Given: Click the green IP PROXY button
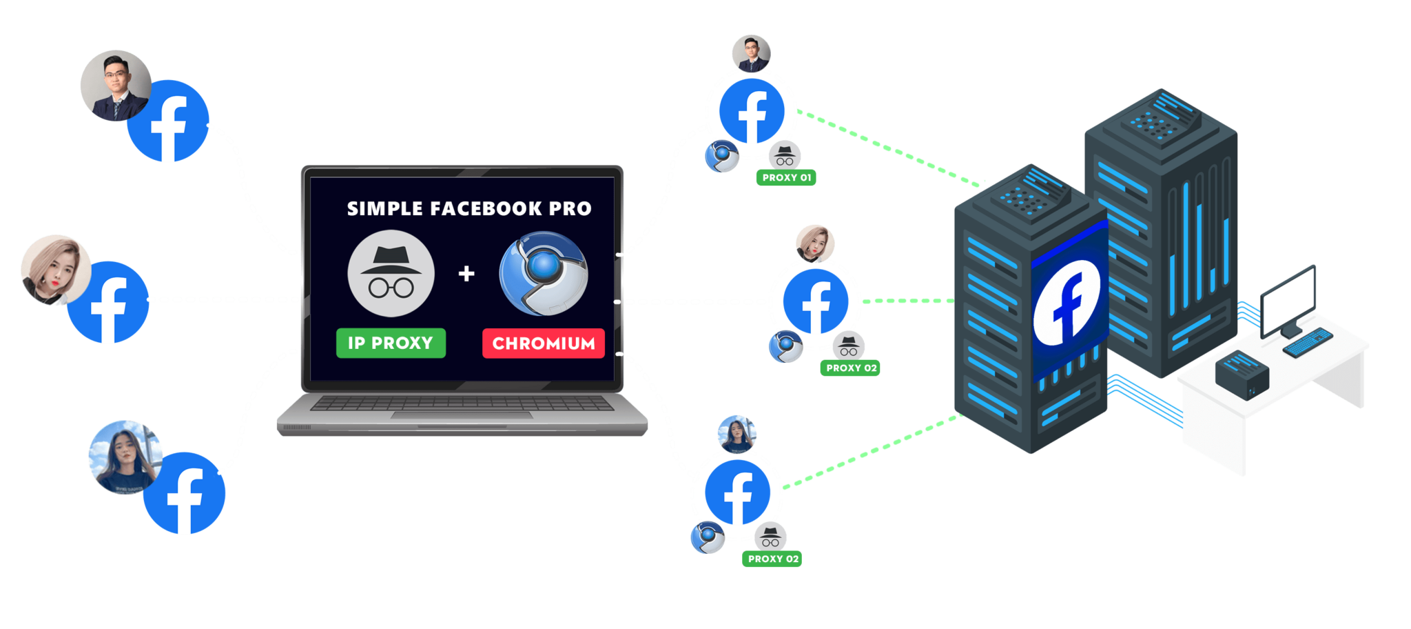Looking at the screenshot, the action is pos(391,343).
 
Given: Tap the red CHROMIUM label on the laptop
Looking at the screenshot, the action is pos(544,343).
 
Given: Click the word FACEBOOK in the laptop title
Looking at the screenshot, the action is pos(486,208).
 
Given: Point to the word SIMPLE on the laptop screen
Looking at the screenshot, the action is pos(384,208).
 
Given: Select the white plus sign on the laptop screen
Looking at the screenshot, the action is pos(466,274).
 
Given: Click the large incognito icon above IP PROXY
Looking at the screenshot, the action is pos(391,274).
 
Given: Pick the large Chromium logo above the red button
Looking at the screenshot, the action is pos(544,273).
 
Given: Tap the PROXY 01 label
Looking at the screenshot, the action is pos(786,178).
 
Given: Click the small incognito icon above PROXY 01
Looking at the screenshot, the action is pos(785,155).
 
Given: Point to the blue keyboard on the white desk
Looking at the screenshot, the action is pos(1308,343).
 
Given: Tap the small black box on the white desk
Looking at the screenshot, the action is pos(1242,375).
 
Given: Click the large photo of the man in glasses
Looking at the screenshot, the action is pos(116,86).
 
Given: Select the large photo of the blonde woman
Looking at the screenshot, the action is pos(55,270).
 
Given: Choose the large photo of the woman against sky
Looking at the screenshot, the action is pos(125,457).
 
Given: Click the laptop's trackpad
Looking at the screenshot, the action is pos(462,415).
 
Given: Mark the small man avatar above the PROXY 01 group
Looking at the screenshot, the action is pos(751,54).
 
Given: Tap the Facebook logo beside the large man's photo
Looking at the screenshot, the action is pos(168,121).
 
